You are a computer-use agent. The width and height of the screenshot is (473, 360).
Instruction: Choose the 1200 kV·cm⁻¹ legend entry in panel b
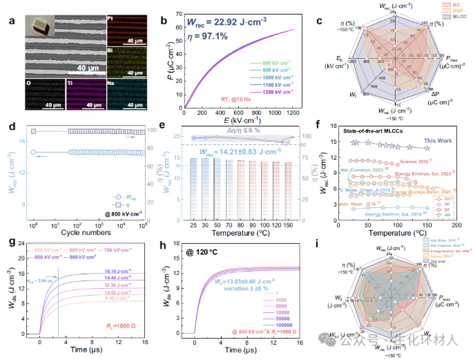click(271, 91)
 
